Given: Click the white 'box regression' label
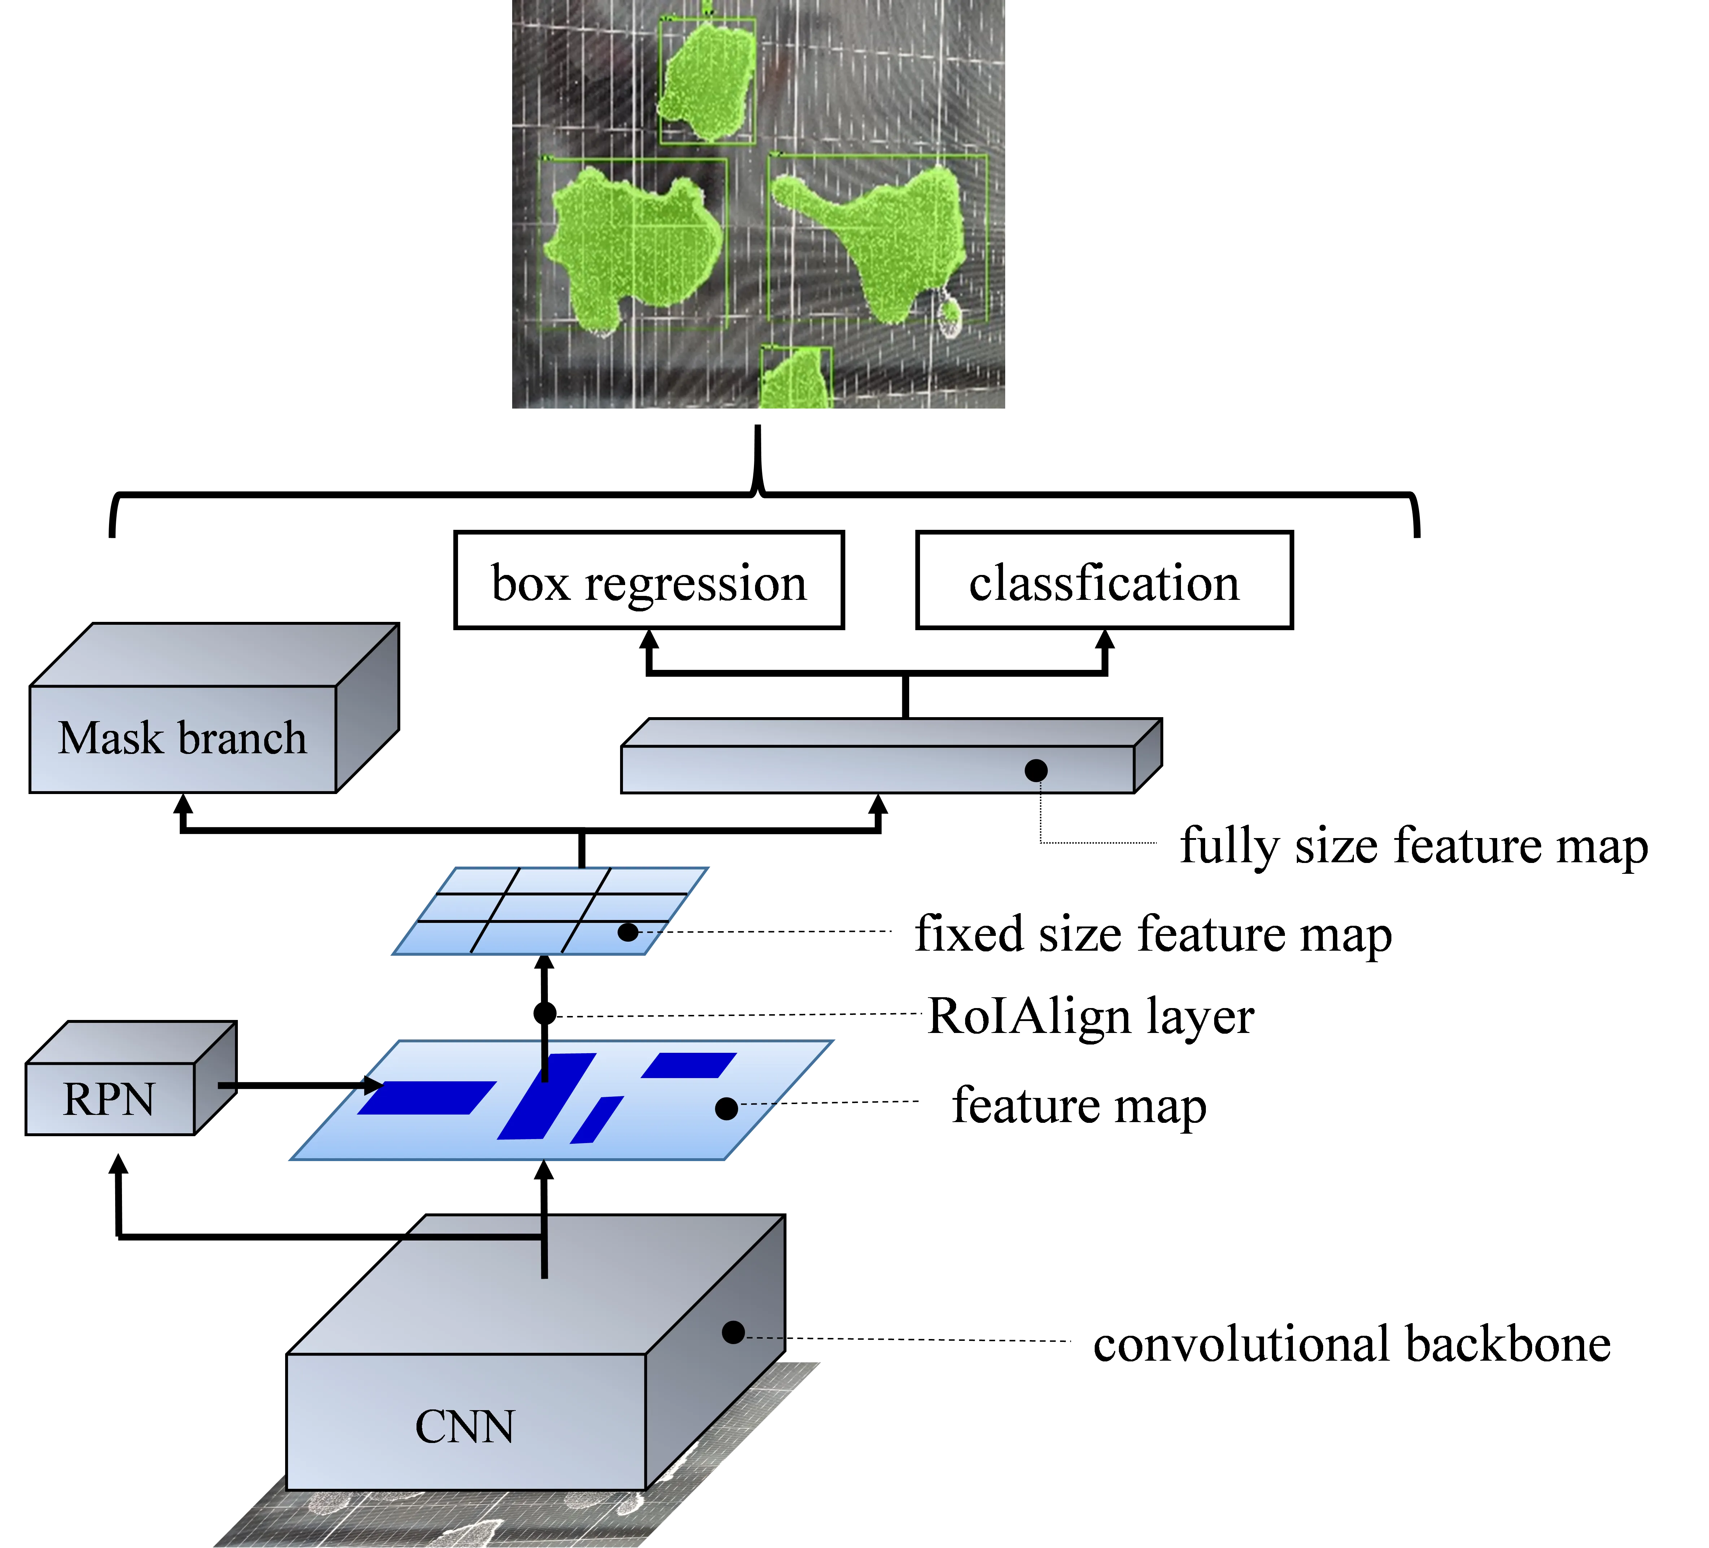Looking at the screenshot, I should pyautogui.click(x=649, y=581).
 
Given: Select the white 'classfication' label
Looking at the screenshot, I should pyautogui.click(x=1104, y=581).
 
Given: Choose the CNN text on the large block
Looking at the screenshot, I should pyautogui.click(x=465, y=1427).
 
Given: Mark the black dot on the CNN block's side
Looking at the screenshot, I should pyautogui.click(x=733, y=1333).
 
